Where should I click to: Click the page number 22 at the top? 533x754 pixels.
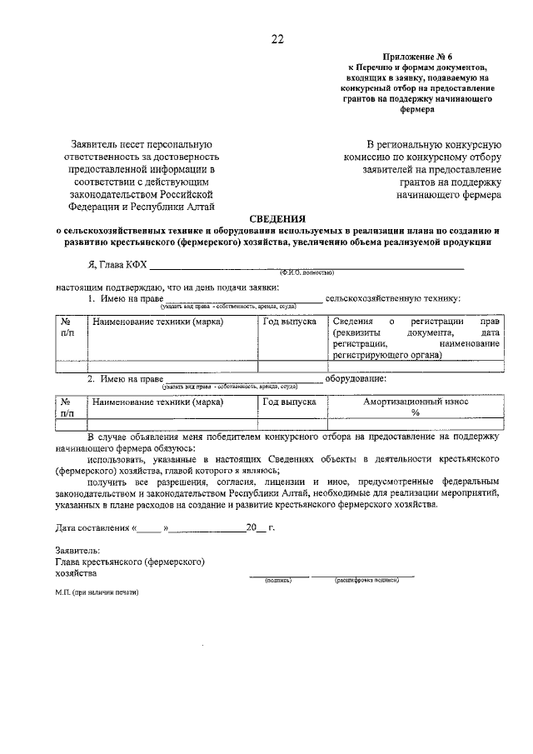click(x=277, y=37)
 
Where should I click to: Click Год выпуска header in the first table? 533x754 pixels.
click(x=289, y=322)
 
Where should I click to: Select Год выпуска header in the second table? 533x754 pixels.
click(x=289, y=402)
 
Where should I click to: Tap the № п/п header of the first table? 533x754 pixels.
click(x=68, y=327)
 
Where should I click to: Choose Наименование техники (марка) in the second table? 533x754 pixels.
click(x=157, y=402)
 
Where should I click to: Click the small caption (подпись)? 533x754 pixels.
click(x=277, y=579)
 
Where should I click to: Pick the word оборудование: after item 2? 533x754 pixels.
click(x=356, y=379)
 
